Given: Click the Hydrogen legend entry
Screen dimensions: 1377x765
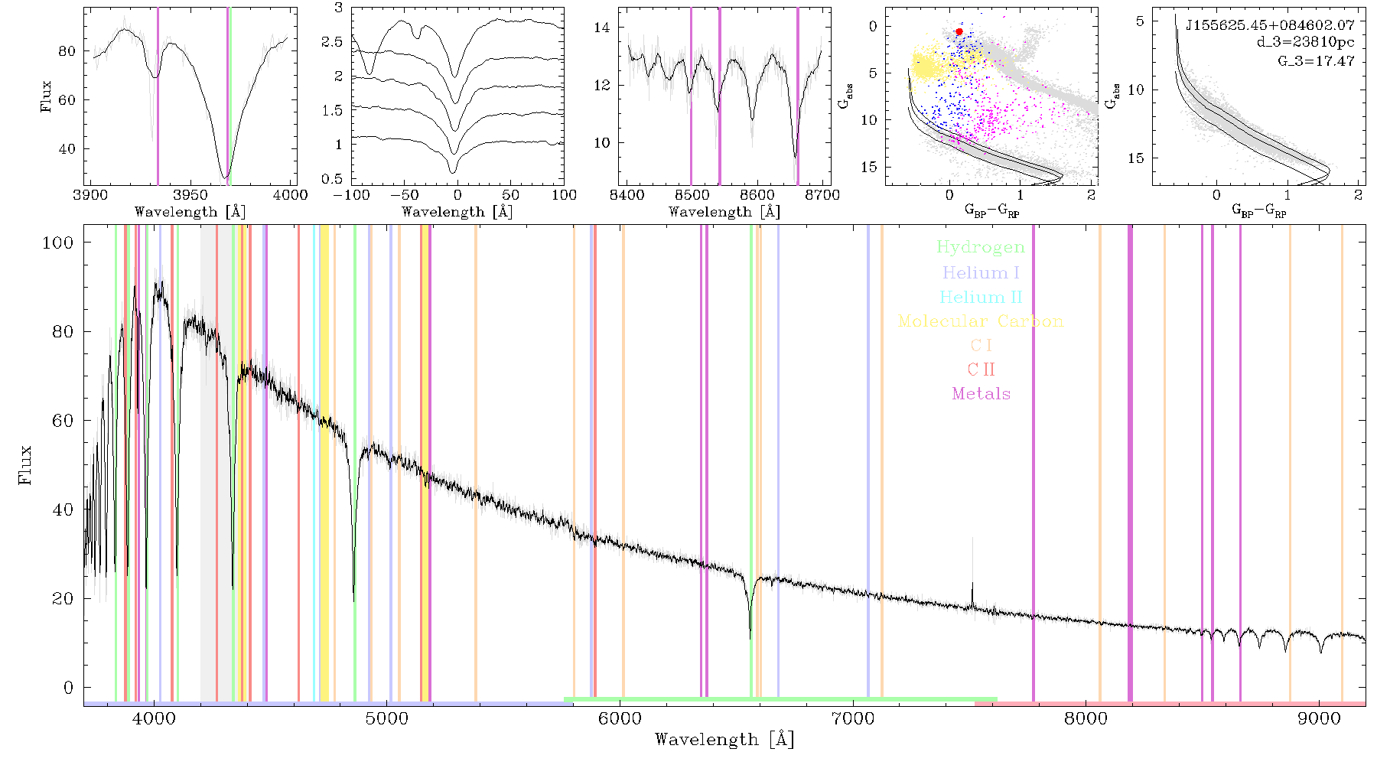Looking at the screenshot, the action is [x=980, y=247].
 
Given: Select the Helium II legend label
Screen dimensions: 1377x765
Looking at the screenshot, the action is [x=980, y=297].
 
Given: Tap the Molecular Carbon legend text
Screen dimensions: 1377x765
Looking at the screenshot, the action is [x=980, y=321].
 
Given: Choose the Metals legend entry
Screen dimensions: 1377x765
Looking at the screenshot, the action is [x=981, y=394].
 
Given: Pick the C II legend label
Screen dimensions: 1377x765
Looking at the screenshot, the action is [x=981, y=369].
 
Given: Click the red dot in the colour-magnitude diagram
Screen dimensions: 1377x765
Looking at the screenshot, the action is [x=959, y=31].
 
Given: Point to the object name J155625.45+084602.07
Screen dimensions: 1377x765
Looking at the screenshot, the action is [x=1270, y=25].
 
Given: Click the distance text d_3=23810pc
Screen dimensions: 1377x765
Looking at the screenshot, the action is [x=1305, y=43].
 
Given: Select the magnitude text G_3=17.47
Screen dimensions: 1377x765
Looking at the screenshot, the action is [x=1316, y=60].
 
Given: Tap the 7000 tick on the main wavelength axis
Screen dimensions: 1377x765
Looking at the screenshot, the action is [x=853, y=718].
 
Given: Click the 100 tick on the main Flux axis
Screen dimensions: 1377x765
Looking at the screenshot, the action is [x=57, y=243].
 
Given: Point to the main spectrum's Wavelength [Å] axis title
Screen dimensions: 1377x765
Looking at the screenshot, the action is [x=724, y=740].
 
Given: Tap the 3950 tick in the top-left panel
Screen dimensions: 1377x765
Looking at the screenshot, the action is [x=190, y=195].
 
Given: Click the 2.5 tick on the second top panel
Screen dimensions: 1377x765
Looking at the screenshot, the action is [x=332, y=42].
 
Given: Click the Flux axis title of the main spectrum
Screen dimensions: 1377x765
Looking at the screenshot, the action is [x=26, y=464].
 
